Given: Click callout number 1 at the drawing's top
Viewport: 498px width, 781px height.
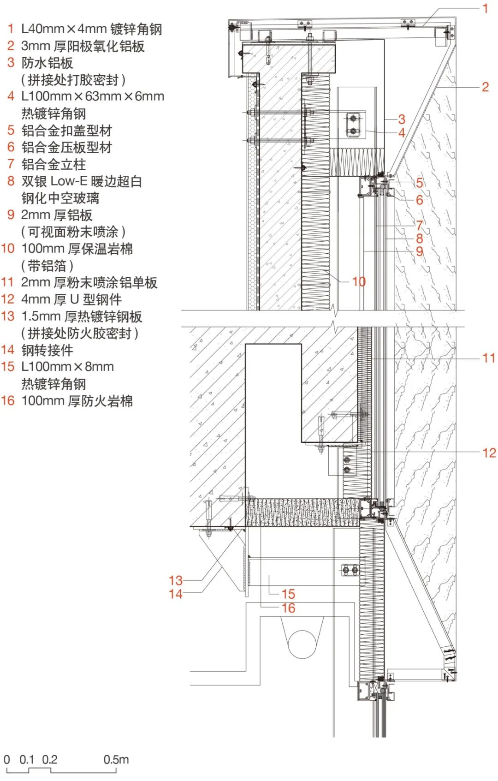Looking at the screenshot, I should point(485,8).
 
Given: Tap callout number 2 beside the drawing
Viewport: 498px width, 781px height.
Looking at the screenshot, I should point(485,87).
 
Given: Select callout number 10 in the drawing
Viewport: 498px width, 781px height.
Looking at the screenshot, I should point(359,281).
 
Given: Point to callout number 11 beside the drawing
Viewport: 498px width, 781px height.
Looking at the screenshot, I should point(489,358).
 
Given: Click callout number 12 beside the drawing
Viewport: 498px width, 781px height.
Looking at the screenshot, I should point(489,453).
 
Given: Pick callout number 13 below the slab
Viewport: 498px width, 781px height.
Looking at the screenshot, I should point(175,580).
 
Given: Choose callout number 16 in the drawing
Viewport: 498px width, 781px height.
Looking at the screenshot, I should point(288,608).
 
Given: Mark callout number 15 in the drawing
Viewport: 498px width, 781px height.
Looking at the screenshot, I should point(288,594).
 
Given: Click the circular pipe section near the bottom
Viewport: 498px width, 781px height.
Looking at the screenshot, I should point(302,644).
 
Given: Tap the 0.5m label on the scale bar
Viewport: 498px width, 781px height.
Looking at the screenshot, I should point(116,759).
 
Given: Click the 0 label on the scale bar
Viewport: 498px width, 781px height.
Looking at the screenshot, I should point(6,759).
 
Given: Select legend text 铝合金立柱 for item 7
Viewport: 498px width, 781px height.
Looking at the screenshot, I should point(53,164).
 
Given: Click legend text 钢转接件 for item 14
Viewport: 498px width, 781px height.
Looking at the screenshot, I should point(47,350).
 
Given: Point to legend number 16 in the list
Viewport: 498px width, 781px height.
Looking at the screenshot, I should point(8,400).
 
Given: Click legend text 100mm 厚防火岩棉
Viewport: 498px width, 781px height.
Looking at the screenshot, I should point(77,400).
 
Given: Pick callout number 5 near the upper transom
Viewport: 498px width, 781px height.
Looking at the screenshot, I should point(419,183).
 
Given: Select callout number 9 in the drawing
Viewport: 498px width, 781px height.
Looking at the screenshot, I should point(419,251).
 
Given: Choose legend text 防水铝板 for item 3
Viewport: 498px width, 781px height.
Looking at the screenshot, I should point(47,63).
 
